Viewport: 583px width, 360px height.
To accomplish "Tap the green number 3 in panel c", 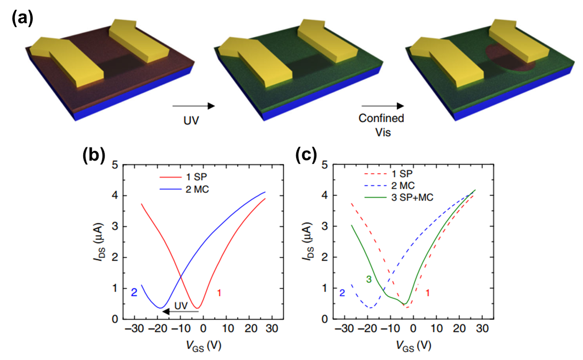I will click(369, 279).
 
